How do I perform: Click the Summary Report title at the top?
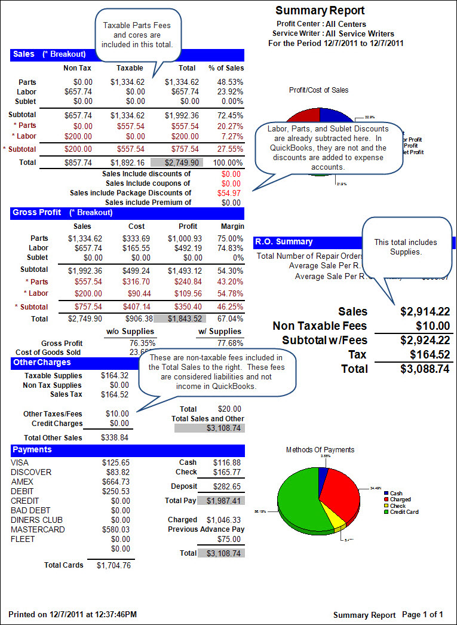coord(320,11)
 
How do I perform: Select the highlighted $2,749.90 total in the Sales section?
coord(177,162)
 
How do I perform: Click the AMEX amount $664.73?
coord(115,482)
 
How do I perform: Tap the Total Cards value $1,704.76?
coord(114,565)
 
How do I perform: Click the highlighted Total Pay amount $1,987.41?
coord(221,500)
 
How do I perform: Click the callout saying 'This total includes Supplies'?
coord(406,247)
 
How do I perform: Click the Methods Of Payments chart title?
coord(320,450)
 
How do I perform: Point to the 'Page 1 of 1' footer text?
coord(422,615)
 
